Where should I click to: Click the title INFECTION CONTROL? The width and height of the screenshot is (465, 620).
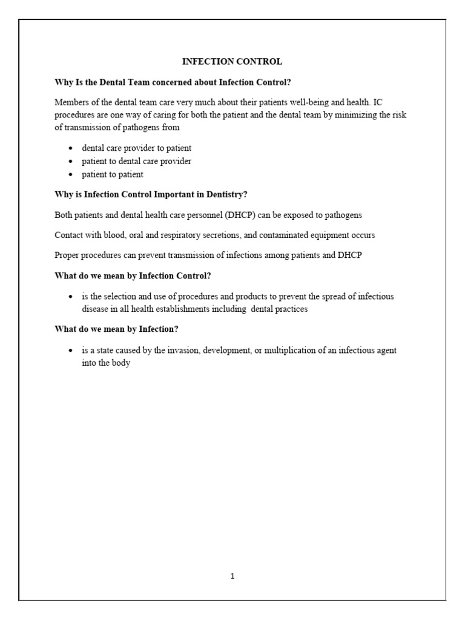click(232, 61)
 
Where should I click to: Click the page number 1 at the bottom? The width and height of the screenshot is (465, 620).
click(232, 576)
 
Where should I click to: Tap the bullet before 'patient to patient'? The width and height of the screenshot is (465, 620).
click(71, 175)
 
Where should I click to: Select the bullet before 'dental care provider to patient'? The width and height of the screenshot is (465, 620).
click(71, 148)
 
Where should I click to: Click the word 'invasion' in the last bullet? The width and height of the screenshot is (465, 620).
click(174, 351)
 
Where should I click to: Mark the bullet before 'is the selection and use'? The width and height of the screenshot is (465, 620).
click(71, 297)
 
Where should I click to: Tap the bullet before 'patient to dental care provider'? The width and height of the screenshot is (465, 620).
click(71, 162)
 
